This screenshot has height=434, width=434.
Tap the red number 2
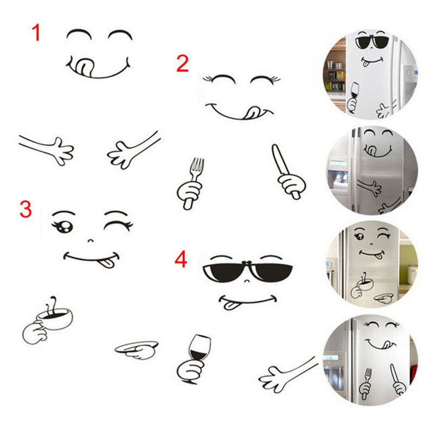pos(182,63)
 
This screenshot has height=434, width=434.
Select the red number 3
pos(25,209)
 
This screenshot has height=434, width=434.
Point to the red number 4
pos(181,259)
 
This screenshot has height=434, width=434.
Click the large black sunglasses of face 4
pos(247,271)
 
